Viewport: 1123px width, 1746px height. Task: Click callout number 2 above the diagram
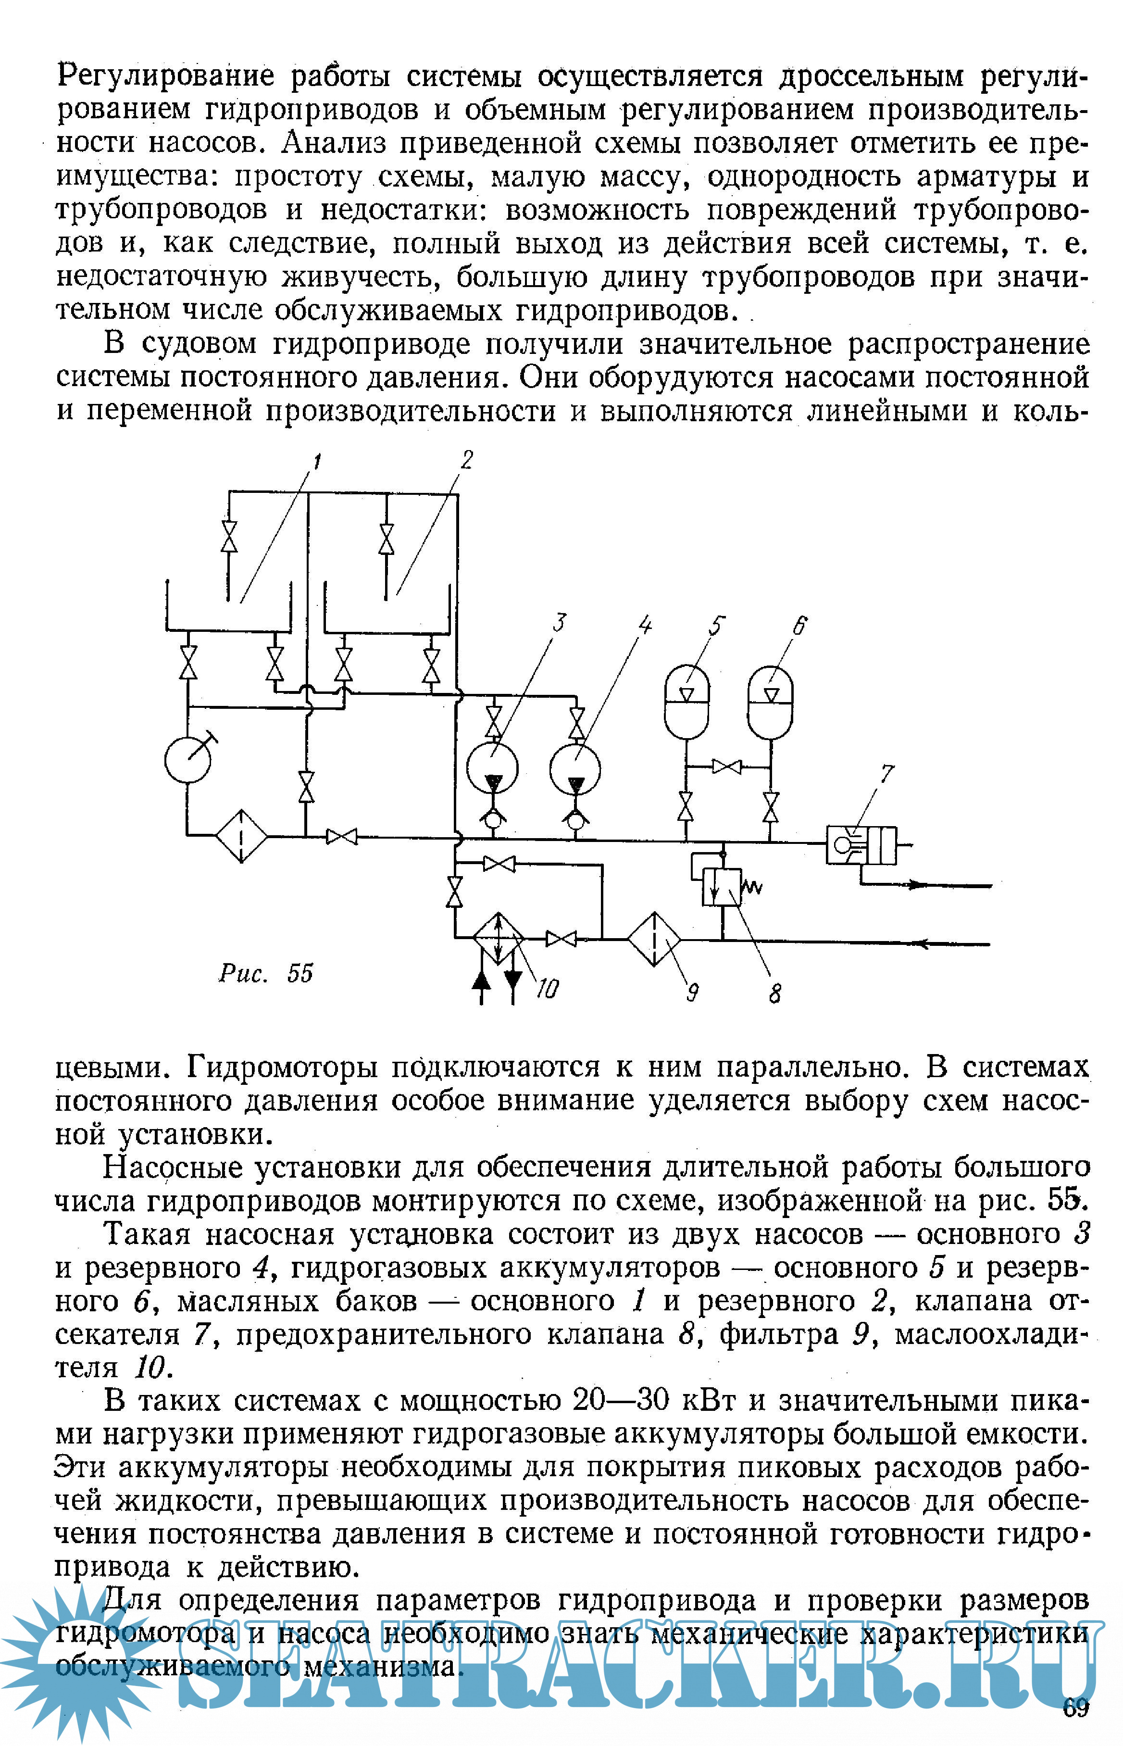(x=467, y=460)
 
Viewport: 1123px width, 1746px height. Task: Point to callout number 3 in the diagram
(x=559, y=622)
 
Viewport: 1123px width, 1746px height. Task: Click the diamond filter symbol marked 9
(x=654, y=940)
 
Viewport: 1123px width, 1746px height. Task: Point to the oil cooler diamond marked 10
(x=498, y=938)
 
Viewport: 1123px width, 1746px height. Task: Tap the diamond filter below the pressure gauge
(x=241, y=836)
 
